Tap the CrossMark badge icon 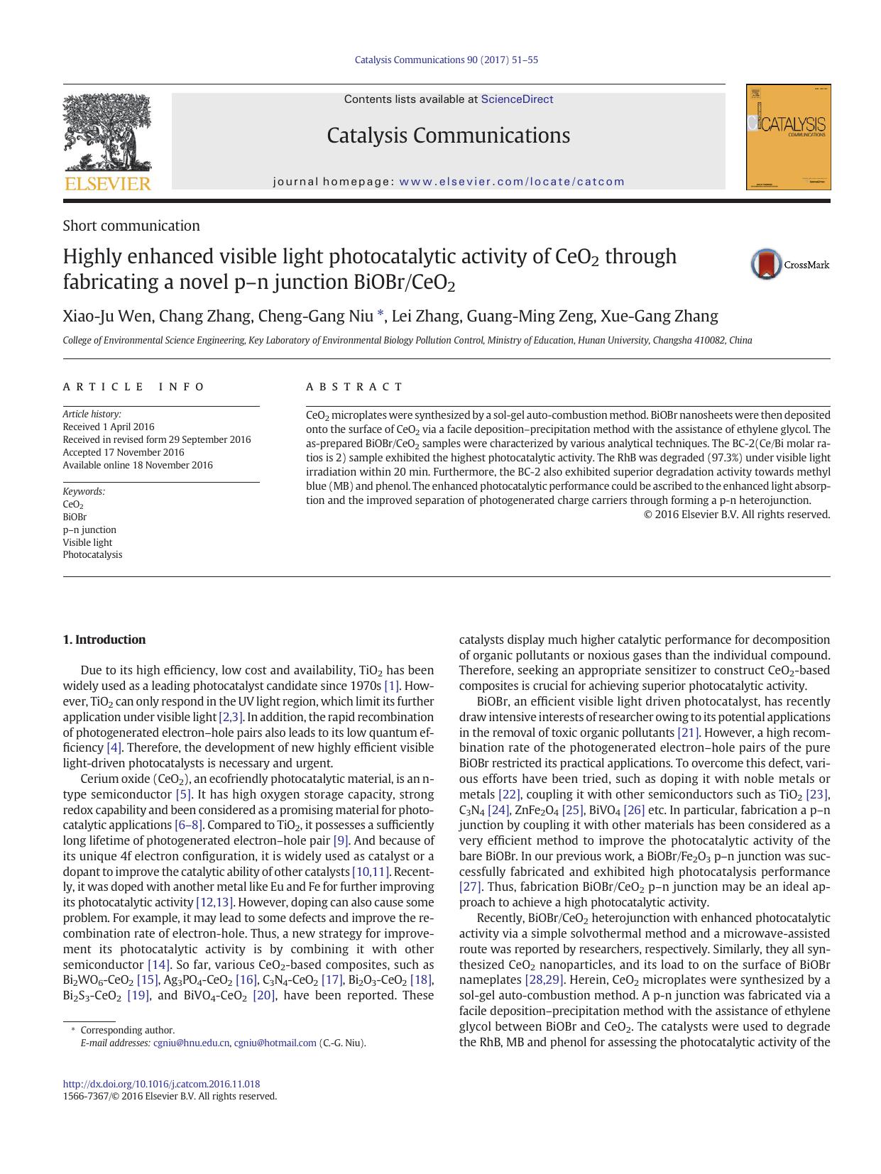[x=766, y=264]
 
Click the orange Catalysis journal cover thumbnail [x=788, y=137]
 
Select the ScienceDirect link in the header [x=517, y=99]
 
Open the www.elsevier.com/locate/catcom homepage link [x=512, y=182]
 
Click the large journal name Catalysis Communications [x=448, y=136]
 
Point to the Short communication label [x=131, y=226]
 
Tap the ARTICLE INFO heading [x=133, y=387]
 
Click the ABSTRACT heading [x=354, y=387]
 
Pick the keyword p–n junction [x=89, y=530]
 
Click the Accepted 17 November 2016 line [x=124, y=452]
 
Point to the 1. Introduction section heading [x=104, y=640]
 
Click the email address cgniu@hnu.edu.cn [x=191, y=1043]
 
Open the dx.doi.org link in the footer [x=161, y=1084]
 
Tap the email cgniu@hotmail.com [x=275, y=1043]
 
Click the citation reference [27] [x=470, y=887]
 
